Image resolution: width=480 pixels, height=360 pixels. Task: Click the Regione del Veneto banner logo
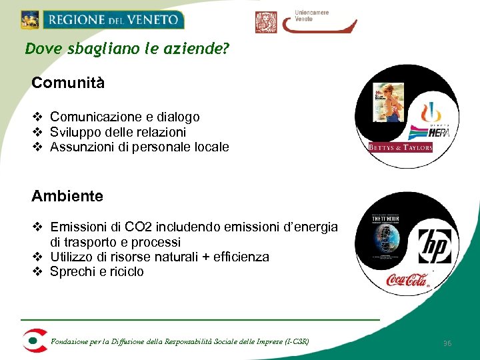click(x=102, y=19)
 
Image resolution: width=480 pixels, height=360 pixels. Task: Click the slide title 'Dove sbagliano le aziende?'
click(x=127, y=49)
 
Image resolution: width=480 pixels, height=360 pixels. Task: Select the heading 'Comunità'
click(x=68, y=83)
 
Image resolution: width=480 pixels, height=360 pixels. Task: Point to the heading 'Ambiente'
click(x=67, y=196)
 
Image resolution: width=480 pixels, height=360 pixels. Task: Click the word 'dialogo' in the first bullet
click(x=177, y=117)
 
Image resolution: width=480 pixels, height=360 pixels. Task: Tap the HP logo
click(x=434, y=246)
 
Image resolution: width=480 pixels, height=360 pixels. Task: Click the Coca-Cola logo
click(x=407, y=279)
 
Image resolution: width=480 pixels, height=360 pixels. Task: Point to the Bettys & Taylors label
click(x=401, y=147)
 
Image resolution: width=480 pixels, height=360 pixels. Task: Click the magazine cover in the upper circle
click(x=389, y=101)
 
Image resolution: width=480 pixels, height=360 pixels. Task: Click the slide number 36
click(x=447, y=343)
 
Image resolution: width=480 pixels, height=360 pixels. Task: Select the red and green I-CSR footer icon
click(x=33, y=340)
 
